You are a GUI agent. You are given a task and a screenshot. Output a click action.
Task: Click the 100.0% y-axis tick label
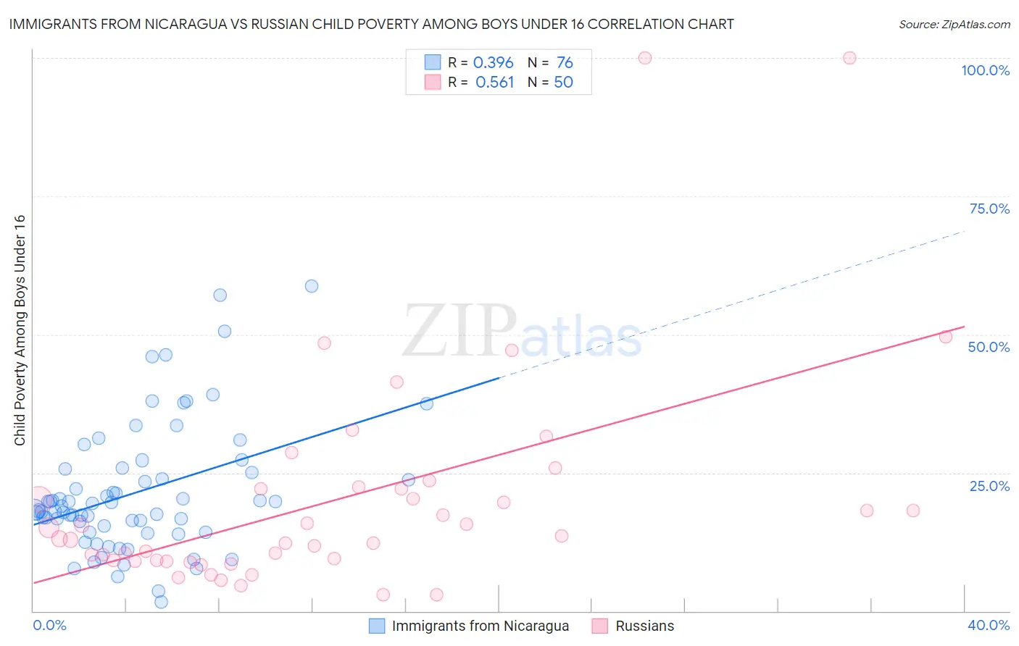coord(985,70)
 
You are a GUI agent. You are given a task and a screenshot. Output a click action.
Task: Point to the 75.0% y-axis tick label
coord(989,209)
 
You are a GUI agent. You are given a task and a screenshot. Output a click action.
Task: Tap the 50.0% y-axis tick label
coord(989,347)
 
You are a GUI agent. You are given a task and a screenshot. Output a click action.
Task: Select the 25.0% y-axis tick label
coord(989,486)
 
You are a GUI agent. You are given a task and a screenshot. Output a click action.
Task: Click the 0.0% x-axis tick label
coord(49,625)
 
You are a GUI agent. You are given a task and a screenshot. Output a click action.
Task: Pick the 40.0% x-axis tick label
coord(989,625)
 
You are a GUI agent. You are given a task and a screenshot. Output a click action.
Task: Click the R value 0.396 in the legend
coord(493,63)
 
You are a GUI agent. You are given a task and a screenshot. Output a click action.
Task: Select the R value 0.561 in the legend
coord(494,83)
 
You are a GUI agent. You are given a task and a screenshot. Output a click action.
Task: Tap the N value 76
coord(565,63)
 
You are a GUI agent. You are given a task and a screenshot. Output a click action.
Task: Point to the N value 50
coord(563,83)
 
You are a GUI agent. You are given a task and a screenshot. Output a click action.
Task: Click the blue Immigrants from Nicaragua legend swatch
coord(377,626)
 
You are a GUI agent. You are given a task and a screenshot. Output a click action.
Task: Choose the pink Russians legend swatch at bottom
coord(599,626)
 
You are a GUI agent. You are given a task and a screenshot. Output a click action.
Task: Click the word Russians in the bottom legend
coord(644,626)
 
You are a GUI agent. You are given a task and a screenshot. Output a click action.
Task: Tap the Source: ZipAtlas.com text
coord(954,25)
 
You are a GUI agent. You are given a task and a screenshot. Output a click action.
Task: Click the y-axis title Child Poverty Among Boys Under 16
coord(20,330)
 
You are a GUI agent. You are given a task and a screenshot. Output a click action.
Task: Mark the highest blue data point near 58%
coord(312,286)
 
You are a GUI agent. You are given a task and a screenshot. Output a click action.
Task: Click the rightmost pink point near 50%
coord(945,337)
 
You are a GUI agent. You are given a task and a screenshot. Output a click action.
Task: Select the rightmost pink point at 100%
coord(849,58)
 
